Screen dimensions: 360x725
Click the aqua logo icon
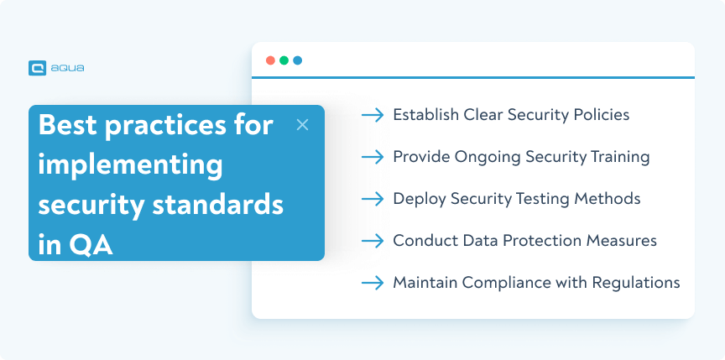pyautogui.click(x=37, y=68)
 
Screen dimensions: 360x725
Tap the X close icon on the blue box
pyautogui.click(x=303, y=125)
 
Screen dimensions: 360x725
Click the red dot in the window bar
pyautogui.click(x=270, y=60)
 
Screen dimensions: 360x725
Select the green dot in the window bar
pyautogui.click(x=284, y=60)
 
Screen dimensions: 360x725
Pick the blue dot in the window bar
pyautogui.click(x=297, y=60)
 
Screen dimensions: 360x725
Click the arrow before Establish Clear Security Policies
pyautogui.click(x=372, y=115)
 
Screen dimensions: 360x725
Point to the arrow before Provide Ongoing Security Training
pyautogui.click(x=372, y=157)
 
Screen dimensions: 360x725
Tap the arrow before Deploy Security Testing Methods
pyautogui.click(x=372, y=199)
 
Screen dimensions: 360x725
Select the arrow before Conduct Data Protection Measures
pyautogui.click(x=372, y=241)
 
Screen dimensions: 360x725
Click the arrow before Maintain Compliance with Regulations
pyautogui.click(x=372, y=283)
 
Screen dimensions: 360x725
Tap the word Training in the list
pyautogui.click(x=620, y=156)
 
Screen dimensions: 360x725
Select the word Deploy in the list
pyautogui.click(x=418, y=199)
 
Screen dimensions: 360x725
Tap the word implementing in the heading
pyautogui.click(x=131, y=164)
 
